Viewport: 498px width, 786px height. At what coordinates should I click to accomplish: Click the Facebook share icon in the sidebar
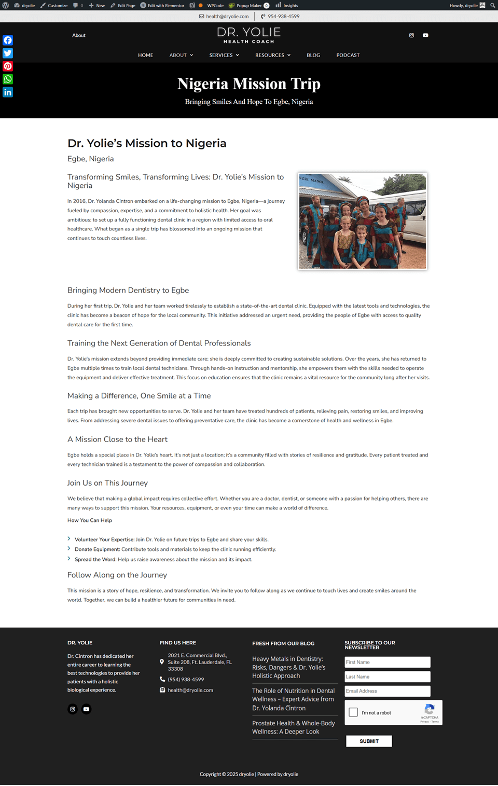[x=8, y=40]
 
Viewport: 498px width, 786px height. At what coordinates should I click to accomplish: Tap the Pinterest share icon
[x=8, y=66]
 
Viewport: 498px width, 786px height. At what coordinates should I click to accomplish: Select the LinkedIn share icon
[x=8, y=92]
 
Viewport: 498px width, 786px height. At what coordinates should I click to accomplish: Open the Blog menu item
[x=313, y=55]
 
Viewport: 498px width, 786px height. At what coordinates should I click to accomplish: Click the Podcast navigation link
[x=348, y=55]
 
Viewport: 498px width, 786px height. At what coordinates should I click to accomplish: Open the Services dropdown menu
[x=224, y=55]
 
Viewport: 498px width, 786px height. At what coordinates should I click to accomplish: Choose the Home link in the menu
[x=145, y=55]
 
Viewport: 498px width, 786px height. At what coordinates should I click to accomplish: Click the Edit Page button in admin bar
[x=123, y=6]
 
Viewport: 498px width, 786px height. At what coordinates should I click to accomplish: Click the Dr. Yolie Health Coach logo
[x=249, y=35]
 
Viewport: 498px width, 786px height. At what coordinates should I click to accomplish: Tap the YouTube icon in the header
[x=425, y=35]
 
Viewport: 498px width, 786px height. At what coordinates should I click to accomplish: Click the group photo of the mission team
[x=362, y=221]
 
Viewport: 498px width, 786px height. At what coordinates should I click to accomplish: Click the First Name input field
[x=387, y=662]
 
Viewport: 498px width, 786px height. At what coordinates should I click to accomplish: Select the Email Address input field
[x=387, y=691]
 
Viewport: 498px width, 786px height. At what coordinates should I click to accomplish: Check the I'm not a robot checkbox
[x=353, y=712]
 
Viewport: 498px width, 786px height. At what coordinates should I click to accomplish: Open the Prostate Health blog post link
[x=293, y=727]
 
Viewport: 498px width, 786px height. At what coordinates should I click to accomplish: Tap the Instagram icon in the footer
[x=73, y=709]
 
